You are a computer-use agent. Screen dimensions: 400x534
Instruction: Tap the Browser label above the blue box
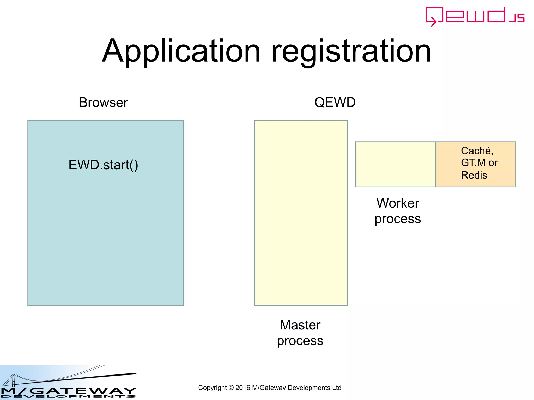click(103, 102)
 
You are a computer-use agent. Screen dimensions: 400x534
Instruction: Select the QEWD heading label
click(335, 102)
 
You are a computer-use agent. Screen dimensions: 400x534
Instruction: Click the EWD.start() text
click(103, 165)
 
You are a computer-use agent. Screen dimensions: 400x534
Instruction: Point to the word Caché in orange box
click(477, 151)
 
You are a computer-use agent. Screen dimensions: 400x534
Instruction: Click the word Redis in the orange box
click(474, 175)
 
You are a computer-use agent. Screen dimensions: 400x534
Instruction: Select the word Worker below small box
click(398, 203)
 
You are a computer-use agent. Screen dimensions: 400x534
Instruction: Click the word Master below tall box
click(300, 325)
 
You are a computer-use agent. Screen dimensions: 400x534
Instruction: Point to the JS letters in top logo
click(517, 18)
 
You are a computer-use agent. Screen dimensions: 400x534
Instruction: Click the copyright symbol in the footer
click(231, 388)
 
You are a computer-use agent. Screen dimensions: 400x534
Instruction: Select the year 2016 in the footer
click(242, 388)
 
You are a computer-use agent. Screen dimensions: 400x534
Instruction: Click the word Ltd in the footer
click(336, 388)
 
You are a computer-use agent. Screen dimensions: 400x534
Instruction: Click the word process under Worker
click(398, 219)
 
